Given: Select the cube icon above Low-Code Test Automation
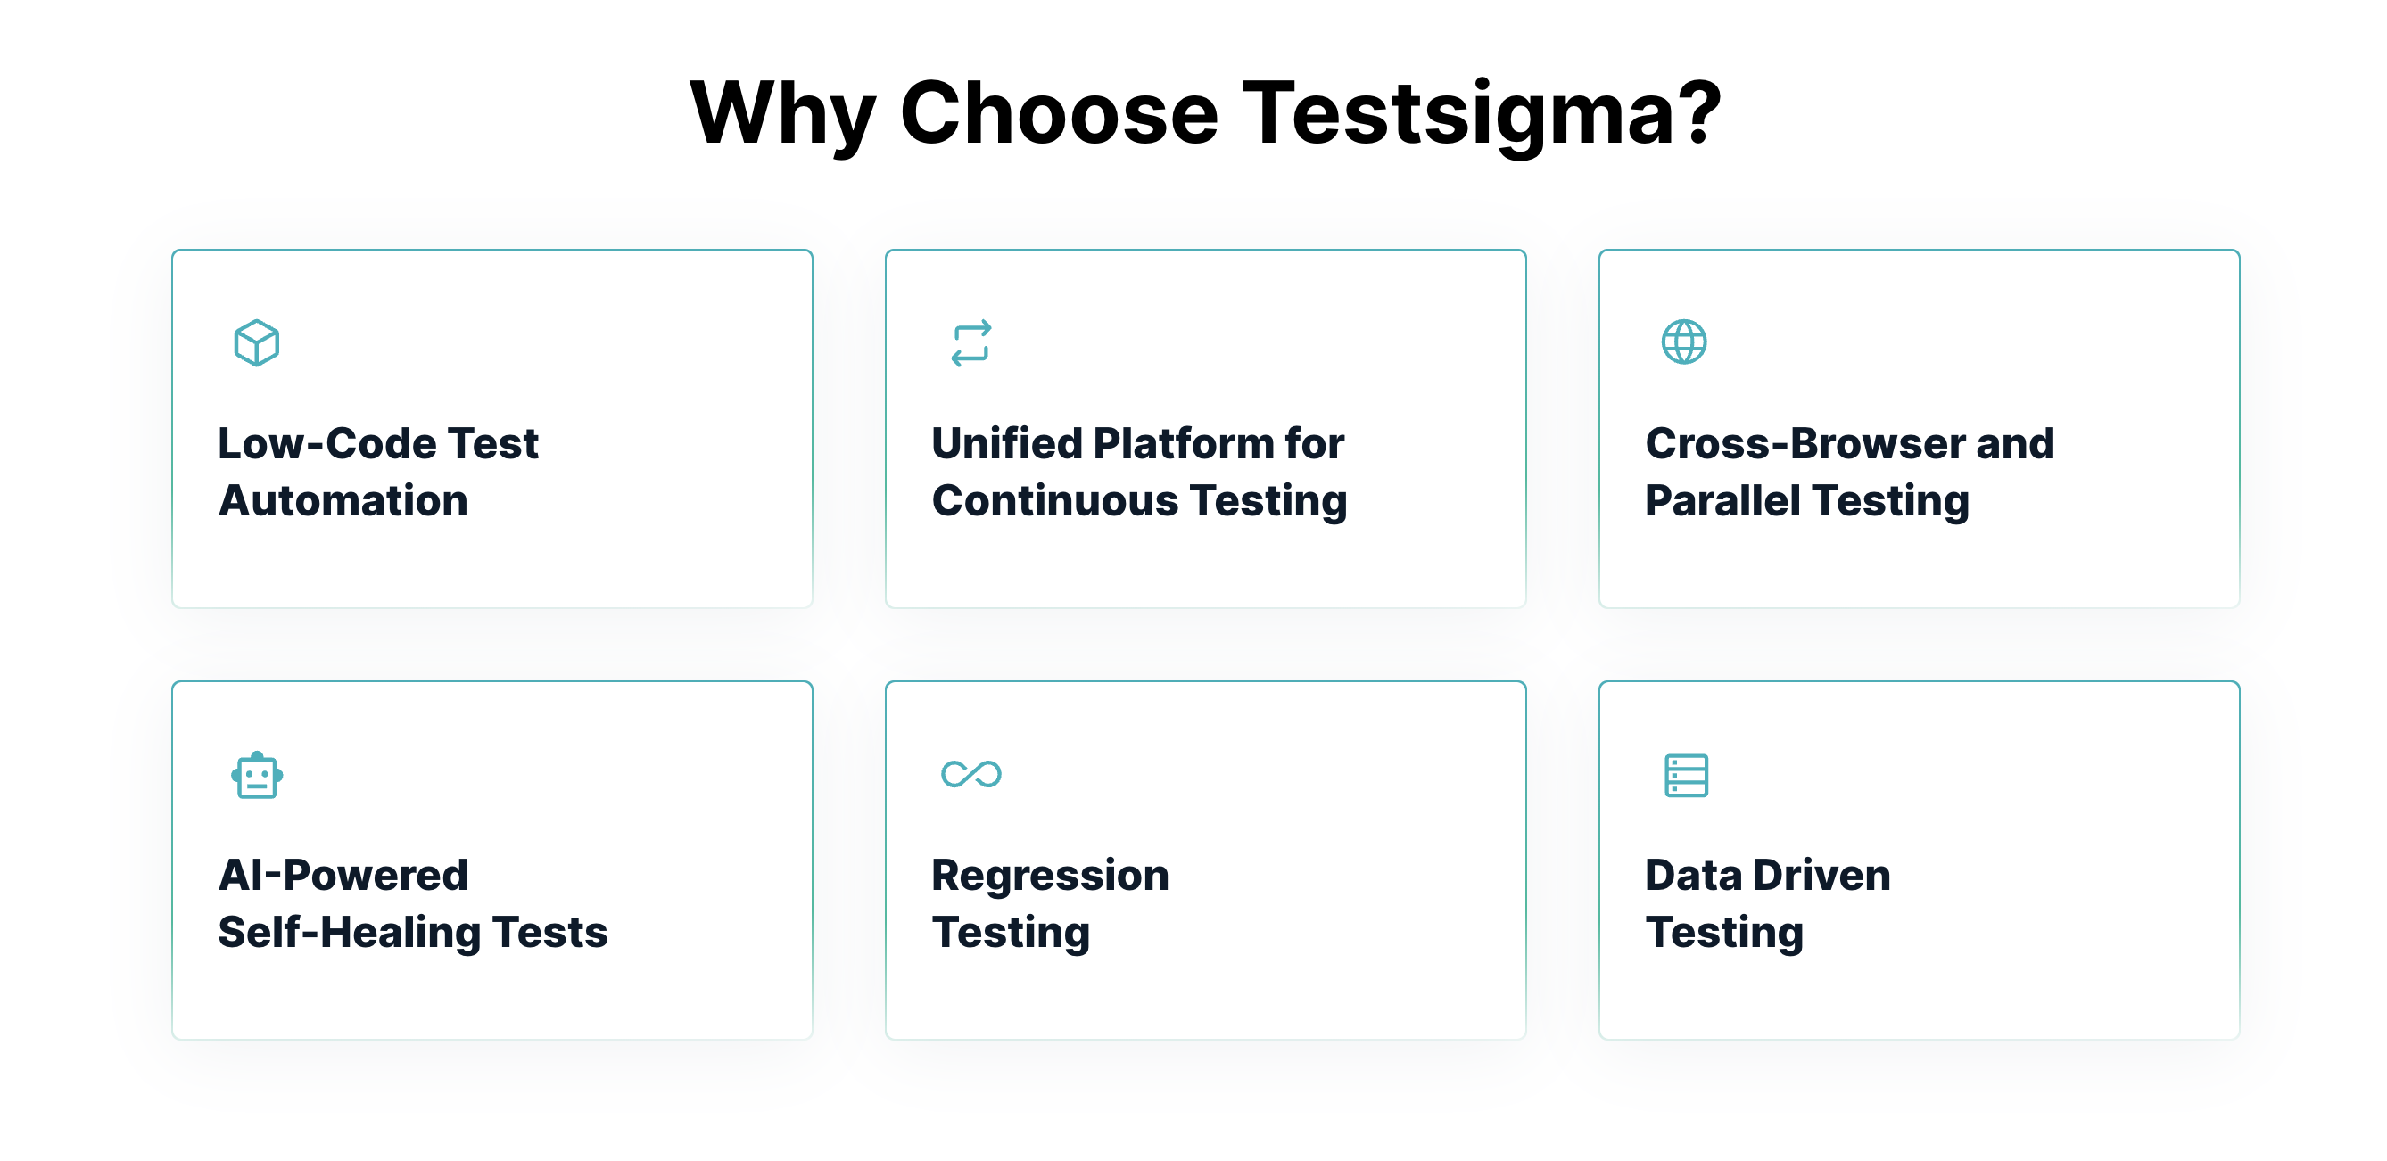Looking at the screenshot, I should pos(257,342).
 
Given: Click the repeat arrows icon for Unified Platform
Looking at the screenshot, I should pos(970,342).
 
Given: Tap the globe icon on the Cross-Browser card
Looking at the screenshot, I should pos(1684,342).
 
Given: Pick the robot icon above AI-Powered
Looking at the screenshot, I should pos(257,775).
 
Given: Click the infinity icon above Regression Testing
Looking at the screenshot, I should pos(970,774).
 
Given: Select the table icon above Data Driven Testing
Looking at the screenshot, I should pos(1686,775).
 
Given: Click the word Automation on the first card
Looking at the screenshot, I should pos(343,500).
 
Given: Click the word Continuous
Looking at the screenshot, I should pos(1054,500).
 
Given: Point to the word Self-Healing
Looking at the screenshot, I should pos(349,932).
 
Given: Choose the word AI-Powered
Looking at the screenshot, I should pos(343,875).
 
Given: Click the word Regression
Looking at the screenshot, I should pos(1050,875).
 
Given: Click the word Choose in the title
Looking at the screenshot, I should pos(1058,113).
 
